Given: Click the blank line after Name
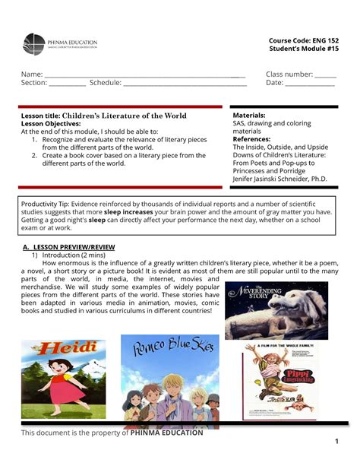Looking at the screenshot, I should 144,75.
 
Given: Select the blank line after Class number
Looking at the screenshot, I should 325,75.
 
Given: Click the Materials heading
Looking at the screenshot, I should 249,114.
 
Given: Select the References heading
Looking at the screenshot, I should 254,139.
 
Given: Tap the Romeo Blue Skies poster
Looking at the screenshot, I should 169,380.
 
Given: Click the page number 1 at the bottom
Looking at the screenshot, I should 336,442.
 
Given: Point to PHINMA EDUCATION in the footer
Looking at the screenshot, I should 167,433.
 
